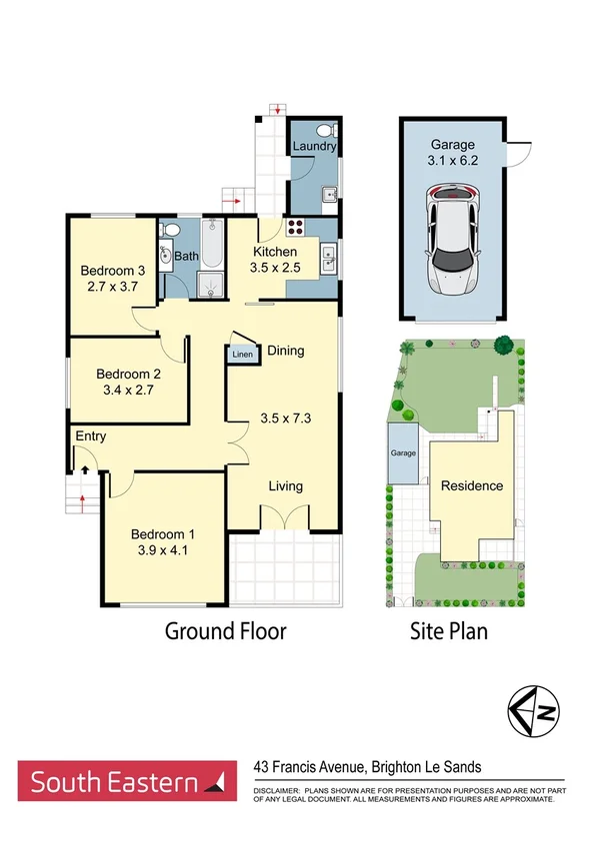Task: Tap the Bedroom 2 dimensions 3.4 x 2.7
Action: click(129, 393)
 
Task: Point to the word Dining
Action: click(285, 351)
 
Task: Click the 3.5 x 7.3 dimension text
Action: click(285, 419)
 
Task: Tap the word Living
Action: click(285, 486)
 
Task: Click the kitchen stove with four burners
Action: click(298, 226)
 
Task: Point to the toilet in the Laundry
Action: click(325, 131)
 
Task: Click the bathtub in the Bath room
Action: click(211, 243)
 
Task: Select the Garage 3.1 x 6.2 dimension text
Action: click(452, 159)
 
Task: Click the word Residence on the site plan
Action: click(472, 485)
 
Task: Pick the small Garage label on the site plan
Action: click(402, 452)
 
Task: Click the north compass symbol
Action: click(534, 711)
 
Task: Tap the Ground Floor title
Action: click(225, 631)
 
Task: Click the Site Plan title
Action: click(449, 631)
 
